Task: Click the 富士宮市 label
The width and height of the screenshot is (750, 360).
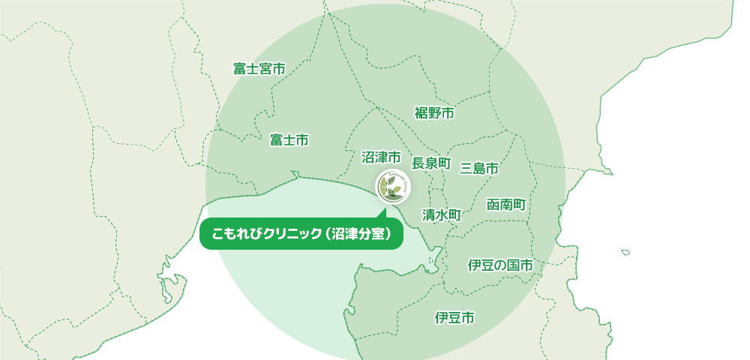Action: [x=259, y=69]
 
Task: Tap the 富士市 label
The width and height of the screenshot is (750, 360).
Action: [x=289, y=140]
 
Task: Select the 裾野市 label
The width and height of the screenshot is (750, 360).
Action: [x=434, y=113]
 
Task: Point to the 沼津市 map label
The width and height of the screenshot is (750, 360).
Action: [x=381, y=157]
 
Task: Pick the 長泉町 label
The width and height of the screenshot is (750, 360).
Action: [x=431, y=163]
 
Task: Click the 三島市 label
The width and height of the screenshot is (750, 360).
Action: [x=479, y=168]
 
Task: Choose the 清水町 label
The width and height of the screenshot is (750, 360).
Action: [x=441, y=214]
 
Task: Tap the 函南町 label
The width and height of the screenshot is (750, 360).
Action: [x=506, y=205]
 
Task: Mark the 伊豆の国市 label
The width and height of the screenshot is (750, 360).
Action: [x=499, y=265]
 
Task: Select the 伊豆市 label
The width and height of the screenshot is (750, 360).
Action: [x=454, y=318]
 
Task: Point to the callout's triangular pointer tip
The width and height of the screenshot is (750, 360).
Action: [x=377, y=213]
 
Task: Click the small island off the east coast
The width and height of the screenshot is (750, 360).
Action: [x=625, y=252]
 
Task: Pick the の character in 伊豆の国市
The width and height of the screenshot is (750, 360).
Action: [x=499, y=265]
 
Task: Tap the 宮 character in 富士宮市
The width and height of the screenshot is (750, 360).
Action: [x=265, y=69]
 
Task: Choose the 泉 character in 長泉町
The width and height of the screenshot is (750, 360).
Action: [x=431, y=163]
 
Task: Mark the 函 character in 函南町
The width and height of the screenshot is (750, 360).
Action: [x=493, y=205]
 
